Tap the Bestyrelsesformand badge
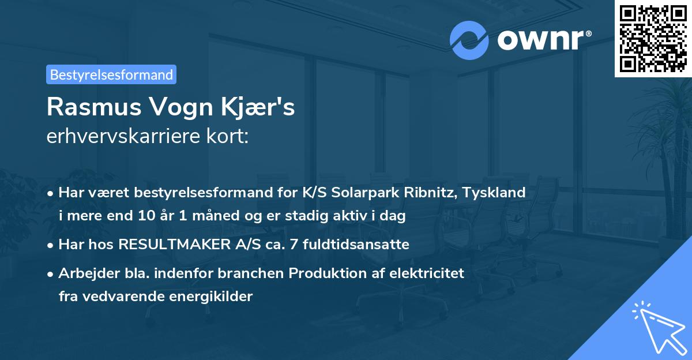(x=111, y=74)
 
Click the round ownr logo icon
(x=469, y=40)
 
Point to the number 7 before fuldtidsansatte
(x=310, y=245)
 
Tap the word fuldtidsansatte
(x=364, y=245)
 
